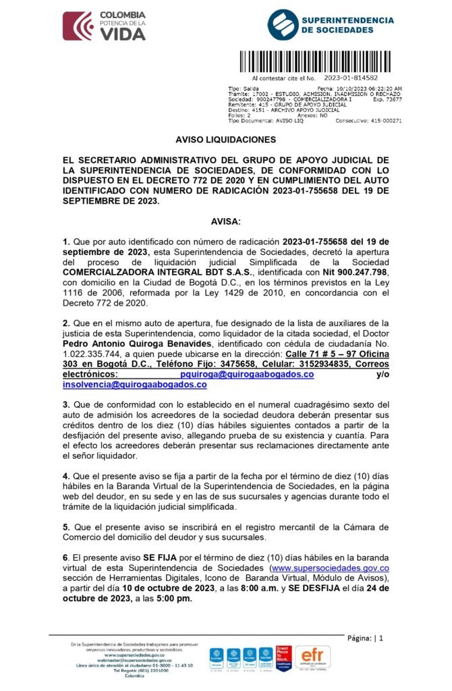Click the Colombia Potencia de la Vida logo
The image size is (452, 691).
[x=104, y=26]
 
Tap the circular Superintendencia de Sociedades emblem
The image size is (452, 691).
[x=282, y=25]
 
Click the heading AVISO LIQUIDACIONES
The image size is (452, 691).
[x=225, y=139]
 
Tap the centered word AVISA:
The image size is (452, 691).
[x=225, y=221]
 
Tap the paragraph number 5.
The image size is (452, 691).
[x=65, y=526]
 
